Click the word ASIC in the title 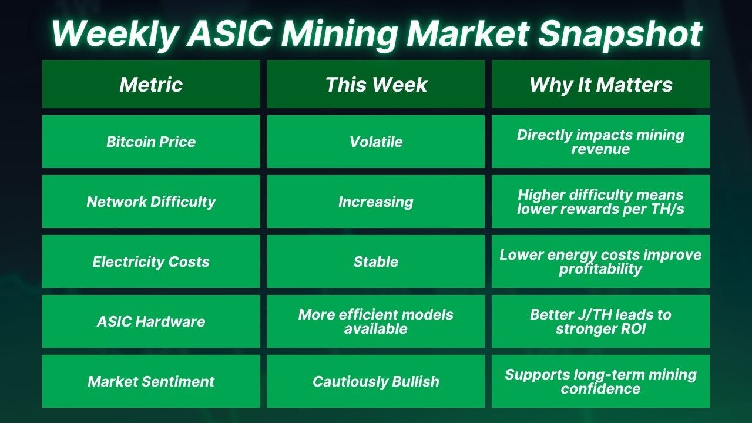tap(229, 33)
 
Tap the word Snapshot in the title tap(620, 33)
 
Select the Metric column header tap(151, 84)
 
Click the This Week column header tap(376, 84)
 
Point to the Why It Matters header tap(601, 84)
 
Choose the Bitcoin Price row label tap(151, 142)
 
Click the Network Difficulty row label tap(151, 202)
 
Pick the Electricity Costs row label tap(151, 261)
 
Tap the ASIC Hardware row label tap(151, 321)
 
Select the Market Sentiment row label tap(151, 381)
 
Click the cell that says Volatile tap(376, 142)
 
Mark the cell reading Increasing tap(376, 202)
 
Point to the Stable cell tap(376, 261)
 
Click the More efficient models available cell tap(376, 321)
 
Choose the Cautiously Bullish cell tap(376, 381)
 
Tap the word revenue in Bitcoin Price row tap(600, 149)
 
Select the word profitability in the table tap(600, 269)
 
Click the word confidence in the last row tap(600, 389)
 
